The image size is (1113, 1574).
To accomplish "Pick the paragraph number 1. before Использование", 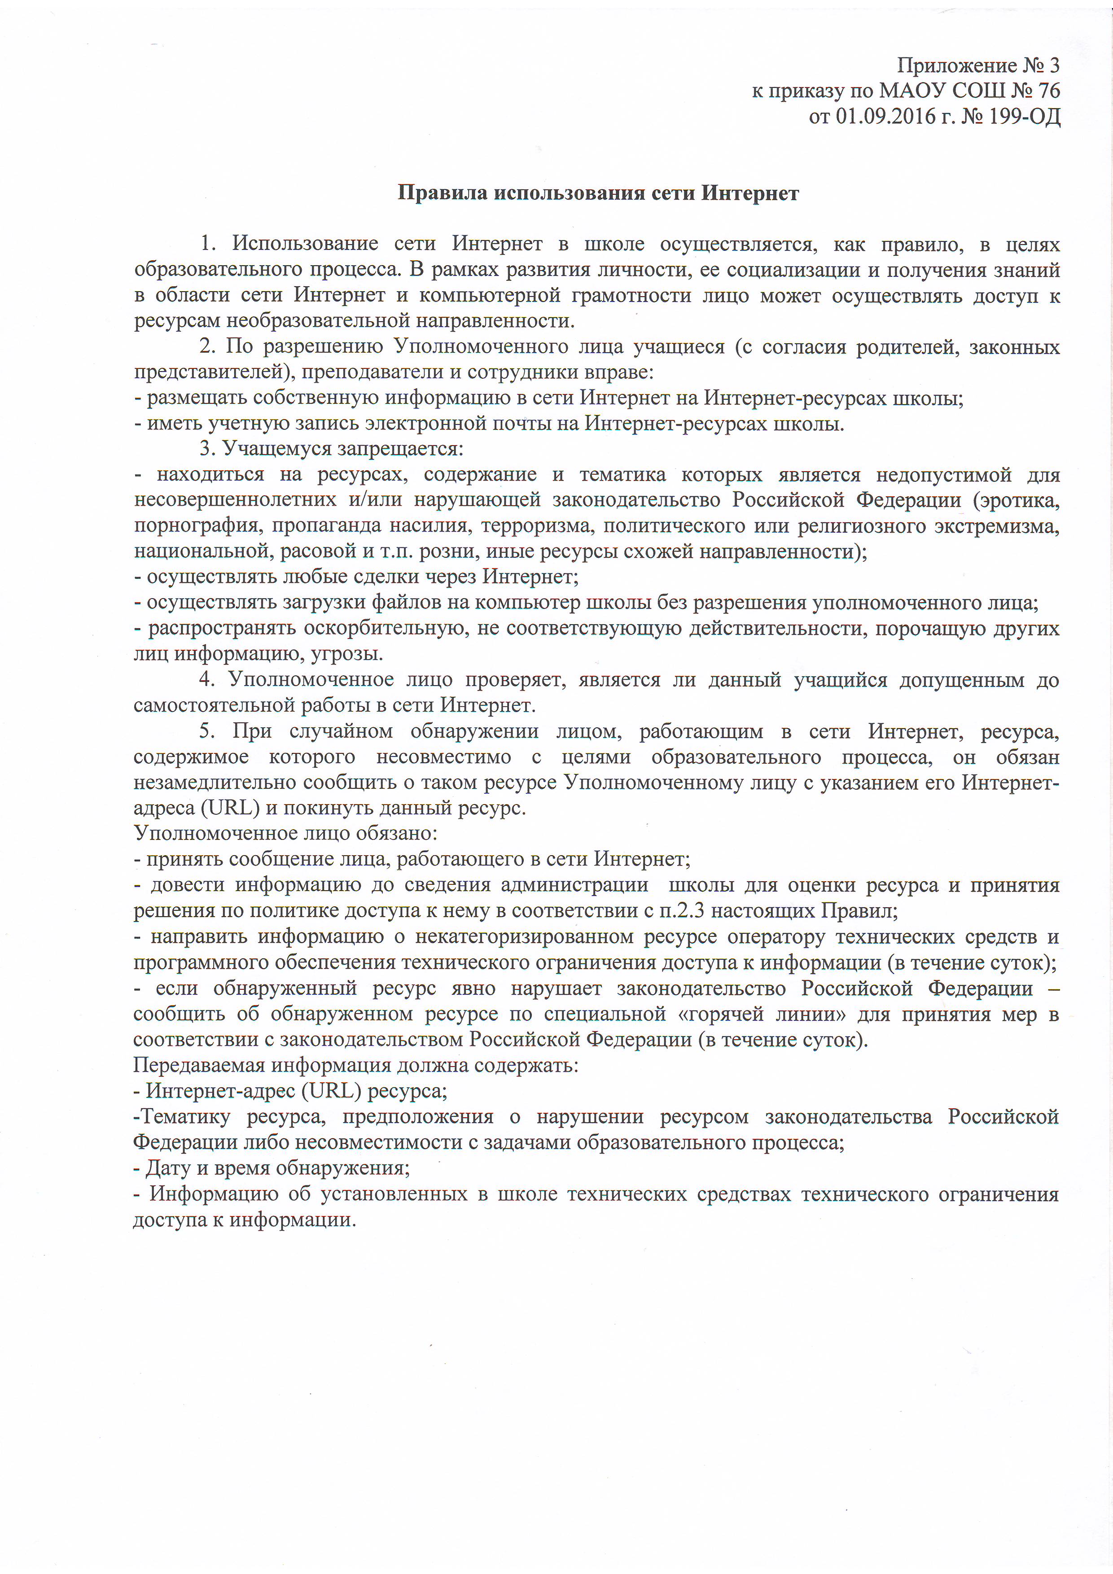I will tap(209, 243).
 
